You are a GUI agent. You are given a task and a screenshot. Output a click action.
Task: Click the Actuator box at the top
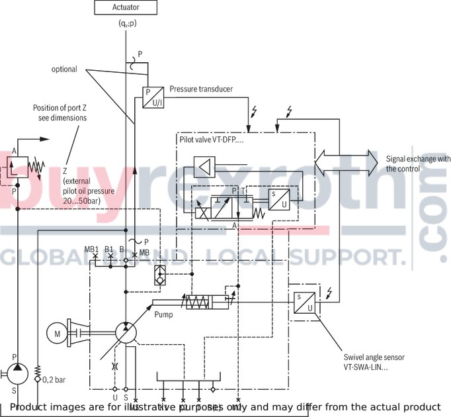point(126,7)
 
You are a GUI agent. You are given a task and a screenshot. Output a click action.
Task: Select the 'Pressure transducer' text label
point(200,89)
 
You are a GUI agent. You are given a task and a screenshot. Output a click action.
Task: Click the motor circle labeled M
point(58,334)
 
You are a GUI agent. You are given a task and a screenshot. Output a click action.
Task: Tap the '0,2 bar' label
point(54,380)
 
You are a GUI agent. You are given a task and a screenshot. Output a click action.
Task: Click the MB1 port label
point(91,249)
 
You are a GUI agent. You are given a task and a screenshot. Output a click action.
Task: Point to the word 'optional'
point(65,69)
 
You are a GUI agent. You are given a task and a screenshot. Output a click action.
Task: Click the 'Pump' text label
point(163,314)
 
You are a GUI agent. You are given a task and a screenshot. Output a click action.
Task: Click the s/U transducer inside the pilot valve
point(278,199)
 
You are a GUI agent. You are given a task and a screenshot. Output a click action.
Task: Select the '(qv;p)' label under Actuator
point(126,24)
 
